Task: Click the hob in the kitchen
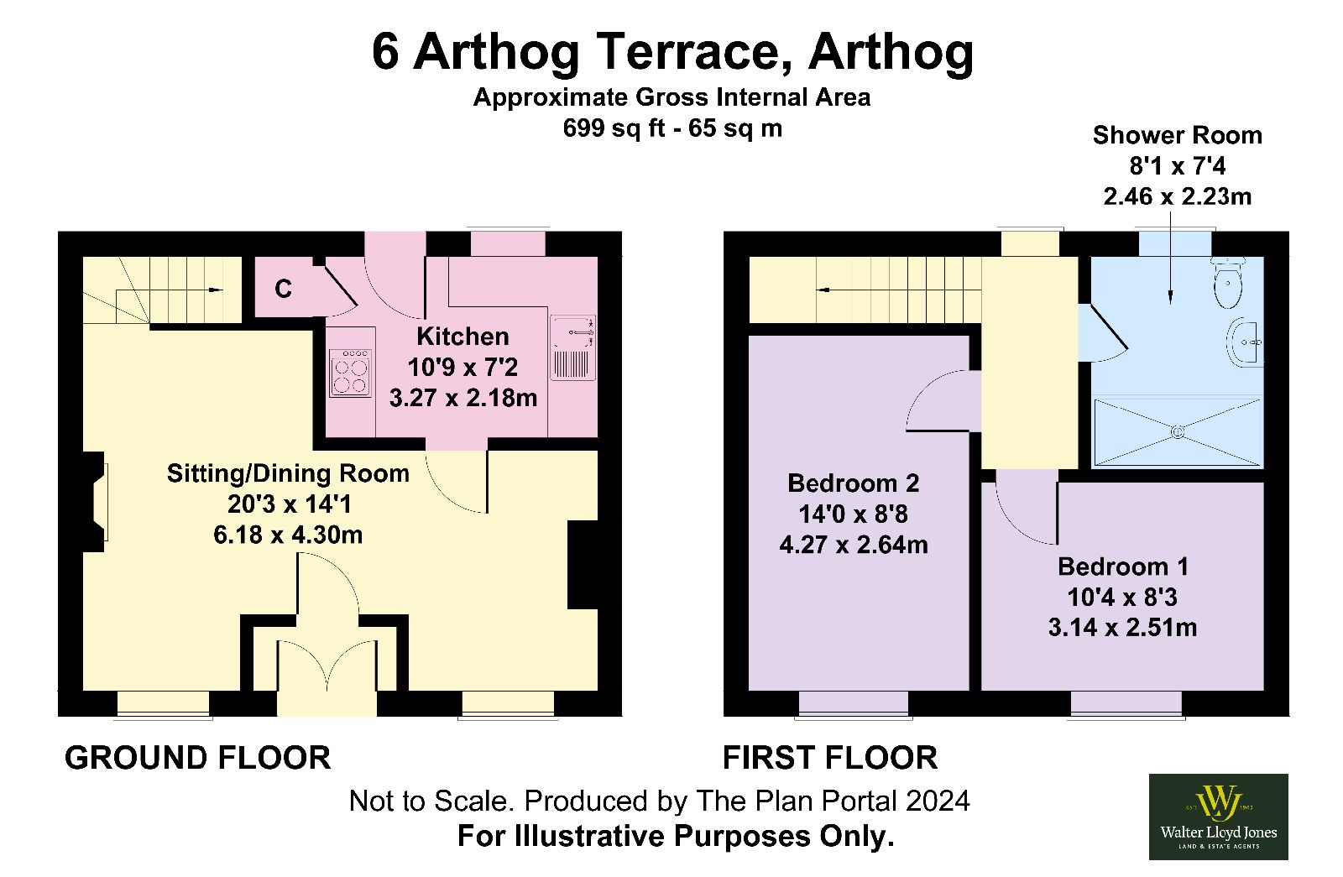(351, 373)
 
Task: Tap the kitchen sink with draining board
(572, 347)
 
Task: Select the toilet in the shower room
(1228, 282)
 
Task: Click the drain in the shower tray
(1178, 431)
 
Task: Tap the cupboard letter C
(283, 289)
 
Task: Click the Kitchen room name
(462, 337)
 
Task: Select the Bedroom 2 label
(853, 483)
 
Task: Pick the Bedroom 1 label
(1122, 566)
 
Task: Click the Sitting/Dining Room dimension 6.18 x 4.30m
(289, 535)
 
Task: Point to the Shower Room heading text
(1177, 135)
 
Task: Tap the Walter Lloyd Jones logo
(1218, 817)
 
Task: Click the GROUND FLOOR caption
(197, 758)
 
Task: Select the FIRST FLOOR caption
(830, 758)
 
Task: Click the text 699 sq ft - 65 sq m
(672, 128)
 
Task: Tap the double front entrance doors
(327, 666)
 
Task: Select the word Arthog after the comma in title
(891, 53)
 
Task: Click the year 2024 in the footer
(938, 801)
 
